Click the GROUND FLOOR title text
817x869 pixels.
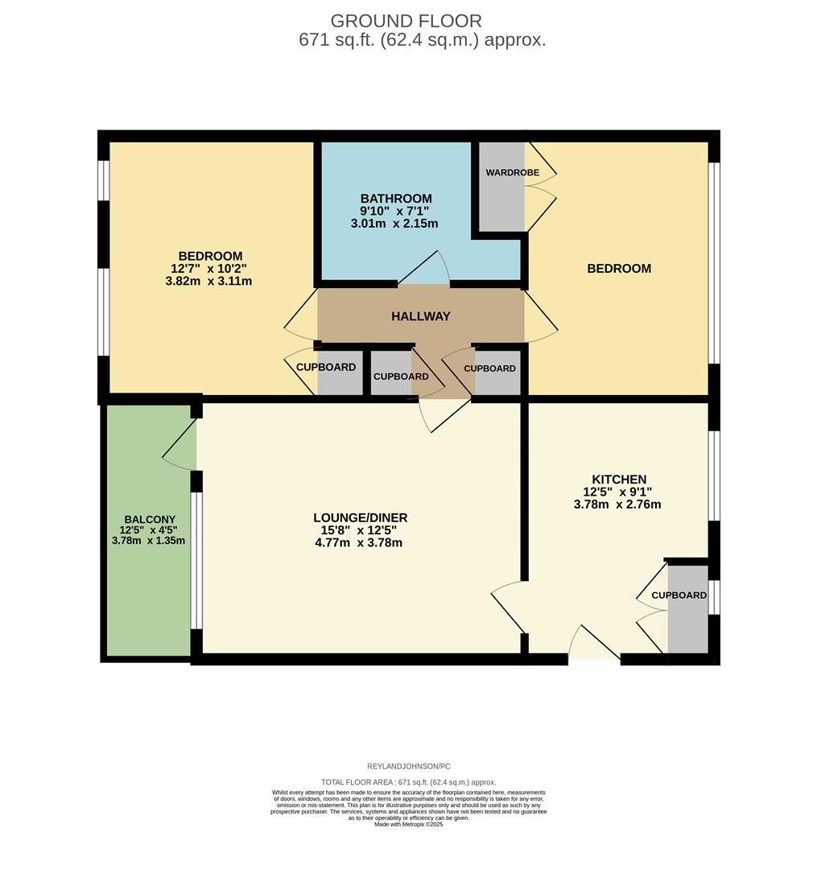406,21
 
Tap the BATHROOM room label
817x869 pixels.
395,199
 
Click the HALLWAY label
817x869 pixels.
420,316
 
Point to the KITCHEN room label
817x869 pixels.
618,480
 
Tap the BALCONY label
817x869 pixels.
150,519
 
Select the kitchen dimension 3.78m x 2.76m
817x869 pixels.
617,505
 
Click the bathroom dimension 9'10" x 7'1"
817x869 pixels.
395,211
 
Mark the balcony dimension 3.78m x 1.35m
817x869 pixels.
148,540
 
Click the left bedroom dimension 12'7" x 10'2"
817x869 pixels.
208,269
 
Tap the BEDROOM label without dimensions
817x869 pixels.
618,269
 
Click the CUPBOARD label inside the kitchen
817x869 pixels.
679,595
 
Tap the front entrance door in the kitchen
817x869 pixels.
594,644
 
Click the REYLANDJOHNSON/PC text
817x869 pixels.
408,767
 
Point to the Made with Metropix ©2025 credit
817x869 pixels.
408,824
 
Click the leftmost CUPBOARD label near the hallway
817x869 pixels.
325,367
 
